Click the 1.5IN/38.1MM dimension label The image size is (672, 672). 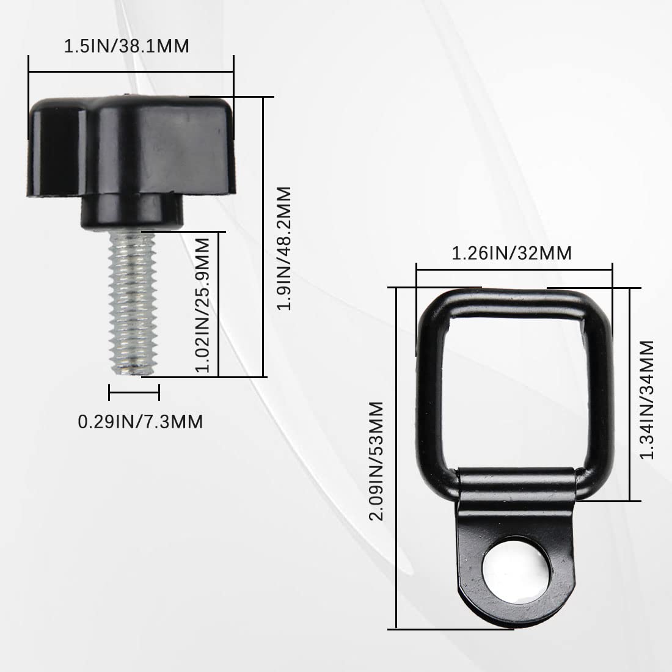126,46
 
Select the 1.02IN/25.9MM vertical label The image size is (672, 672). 202,305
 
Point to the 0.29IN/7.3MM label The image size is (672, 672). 140,422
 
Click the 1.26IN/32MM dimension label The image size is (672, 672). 512,253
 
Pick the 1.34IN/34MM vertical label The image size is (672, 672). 647,400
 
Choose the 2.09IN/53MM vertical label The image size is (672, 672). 376,461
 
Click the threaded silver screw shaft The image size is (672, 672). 133,302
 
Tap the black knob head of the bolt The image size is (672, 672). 131,146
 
